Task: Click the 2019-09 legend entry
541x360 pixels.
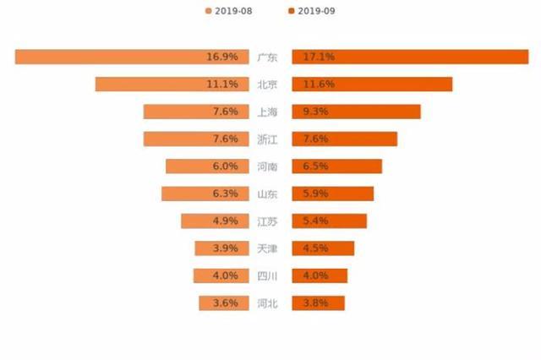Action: [x=312, y=11]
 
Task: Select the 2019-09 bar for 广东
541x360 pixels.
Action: [x=410, y=57]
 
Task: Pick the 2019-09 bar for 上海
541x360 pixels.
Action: [x=356, y=112]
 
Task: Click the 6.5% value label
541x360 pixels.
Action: [x=308, y=166]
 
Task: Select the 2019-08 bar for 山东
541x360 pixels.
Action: [x=206, y=194]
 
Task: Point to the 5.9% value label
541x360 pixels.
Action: [x=308, y=194]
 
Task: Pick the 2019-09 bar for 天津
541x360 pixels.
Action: [x=323, y=248]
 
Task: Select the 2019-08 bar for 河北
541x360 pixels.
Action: [x=224, y=303]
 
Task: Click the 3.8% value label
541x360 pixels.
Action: [x=308, y=303]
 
